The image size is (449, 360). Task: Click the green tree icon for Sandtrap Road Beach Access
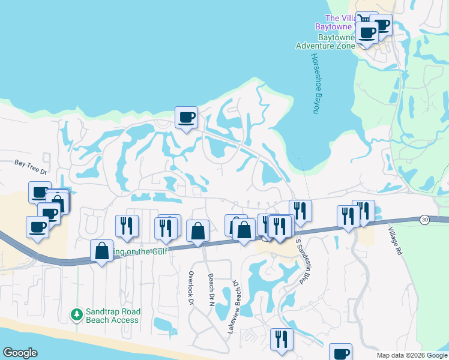(76, 314)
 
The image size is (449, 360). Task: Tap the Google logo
(20, 353)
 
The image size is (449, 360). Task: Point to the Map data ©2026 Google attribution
(412, 355)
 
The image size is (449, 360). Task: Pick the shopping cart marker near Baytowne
(364, 20)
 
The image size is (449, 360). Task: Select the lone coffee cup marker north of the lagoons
(186, 116)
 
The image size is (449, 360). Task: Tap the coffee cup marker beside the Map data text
(340, 353)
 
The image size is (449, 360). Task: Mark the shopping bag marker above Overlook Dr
(197, 231)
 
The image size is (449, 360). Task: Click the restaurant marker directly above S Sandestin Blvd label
(300, 211)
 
